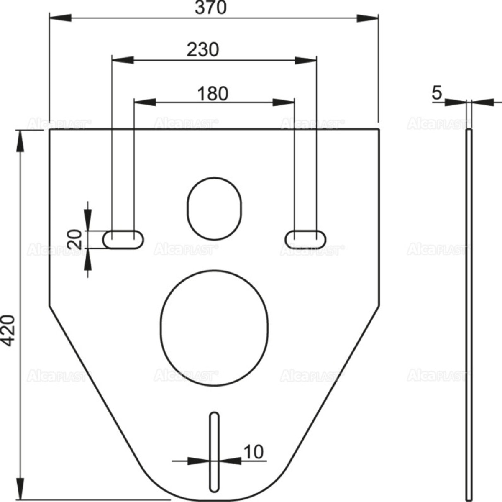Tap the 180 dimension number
coord(213,94)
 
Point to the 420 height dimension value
coord(9,330)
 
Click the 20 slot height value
coord(75,239)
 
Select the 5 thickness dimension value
coord(437,93)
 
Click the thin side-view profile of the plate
coord(469,314)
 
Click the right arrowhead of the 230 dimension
coord(306,60)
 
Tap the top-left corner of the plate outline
coord(50,130)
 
